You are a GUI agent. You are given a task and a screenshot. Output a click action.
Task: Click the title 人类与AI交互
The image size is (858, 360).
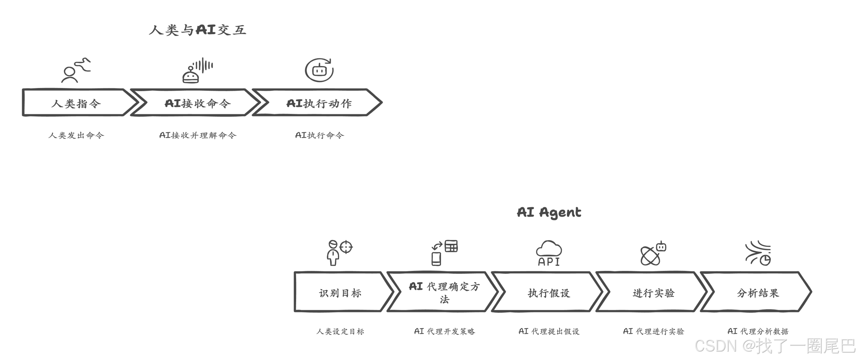click(x=198, y=30)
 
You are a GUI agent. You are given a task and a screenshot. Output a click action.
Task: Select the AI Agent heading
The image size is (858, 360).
click(x=549, y=212)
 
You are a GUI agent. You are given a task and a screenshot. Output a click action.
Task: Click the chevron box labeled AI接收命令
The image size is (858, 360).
click(x=197, y=103)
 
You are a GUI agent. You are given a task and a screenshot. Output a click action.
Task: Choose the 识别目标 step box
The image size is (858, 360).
click(x=340, y=293)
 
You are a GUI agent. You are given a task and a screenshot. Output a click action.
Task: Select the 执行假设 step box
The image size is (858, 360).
click(x=549, y=293)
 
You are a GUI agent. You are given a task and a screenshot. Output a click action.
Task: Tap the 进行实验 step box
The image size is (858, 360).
click(x=653, y=293)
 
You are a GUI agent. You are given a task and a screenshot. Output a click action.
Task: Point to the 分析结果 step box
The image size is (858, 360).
click(x=758, y=293)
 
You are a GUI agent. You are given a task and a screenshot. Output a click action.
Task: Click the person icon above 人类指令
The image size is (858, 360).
click(x=76, y=70)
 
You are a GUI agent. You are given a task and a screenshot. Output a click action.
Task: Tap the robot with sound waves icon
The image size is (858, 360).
click(x=197, y=70)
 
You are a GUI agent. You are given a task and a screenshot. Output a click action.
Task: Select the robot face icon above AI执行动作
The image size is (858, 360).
click(x=319, y=70)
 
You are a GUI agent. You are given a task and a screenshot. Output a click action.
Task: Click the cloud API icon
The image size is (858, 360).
click(x=549, y=253)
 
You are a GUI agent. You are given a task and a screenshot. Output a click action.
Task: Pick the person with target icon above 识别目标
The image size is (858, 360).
click(x=339, y=253)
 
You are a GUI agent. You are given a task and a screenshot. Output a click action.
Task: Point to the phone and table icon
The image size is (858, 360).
click(x=444, y=253)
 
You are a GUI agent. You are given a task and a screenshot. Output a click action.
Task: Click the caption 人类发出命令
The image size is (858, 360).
click(x=76, y=135)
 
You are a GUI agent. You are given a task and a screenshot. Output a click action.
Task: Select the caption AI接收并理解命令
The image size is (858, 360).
click(x=198, y=135)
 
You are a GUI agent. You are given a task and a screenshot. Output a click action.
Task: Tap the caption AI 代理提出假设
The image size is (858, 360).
click(x=549, y=331)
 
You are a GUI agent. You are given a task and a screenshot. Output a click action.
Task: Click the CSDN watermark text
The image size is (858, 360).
click(x=774, y=346)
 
